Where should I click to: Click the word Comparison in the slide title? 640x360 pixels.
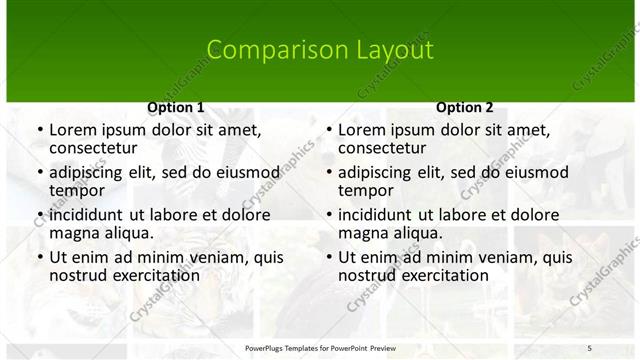pos(266,50)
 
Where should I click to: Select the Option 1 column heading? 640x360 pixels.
pos(176,107)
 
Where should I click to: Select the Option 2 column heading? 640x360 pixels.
pos(465,107)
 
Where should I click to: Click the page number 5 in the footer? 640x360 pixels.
pos(589,347)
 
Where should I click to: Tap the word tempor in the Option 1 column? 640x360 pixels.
pos(77,190)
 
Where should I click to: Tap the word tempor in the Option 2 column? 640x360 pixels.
pos(366,190)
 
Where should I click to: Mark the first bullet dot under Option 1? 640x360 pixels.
pos(39,130)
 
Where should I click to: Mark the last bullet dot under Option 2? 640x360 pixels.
pos(328,257)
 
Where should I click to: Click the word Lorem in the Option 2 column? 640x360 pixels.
pos(361,130)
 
